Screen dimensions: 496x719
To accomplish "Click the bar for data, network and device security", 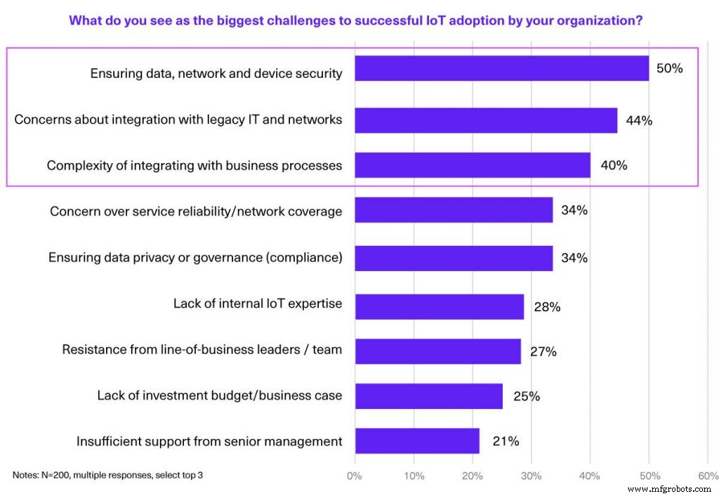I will point(501,69).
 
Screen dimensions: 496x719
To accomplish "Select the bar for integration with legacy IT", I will point(486,120).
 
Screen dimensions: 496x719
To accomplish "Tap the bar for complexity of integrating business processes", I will point(473,166).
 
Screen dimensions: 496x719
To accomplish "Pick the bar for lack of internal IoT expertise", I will point(440,306).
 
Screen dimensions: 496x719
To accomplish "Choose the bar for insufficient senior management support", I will point(417,441).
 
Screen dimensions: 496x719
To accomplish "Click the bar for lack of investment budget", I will point(428,396).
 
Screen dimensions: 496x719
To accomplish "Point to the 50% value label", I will point(669,69).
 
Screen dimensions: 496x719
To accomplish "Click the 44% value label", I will point(639,120).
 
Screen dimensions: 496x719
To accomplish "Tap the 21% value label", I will point(505,441).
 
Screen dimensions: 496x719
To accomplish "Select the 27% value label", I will point(543,351).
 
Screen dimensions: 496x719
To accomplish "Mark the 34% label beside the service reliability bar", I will point(574,210).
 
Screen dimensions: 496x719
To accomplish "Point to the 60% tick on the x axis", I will point(707,476).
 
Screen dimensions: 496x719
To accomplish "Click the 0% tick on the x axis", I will point(355,476).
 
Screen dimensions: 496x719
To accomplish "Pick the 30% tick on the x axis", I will point(531,476).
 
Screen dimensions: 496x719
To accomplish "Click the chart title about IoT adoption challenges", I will point(355,20).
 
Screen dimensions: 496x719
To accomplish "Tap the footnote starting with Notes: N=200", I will point(107,475).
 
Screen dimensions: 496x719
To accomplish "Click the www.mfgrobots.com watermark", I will point(668,488).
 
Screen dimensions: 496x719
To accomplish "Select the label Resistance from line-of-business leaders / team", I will point(202,350).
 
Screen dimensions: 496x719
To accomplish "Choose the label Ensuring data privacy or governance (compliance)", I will point(195,257).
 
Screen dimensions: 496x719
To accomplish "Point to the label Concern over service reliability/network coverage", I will point(196,211).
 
